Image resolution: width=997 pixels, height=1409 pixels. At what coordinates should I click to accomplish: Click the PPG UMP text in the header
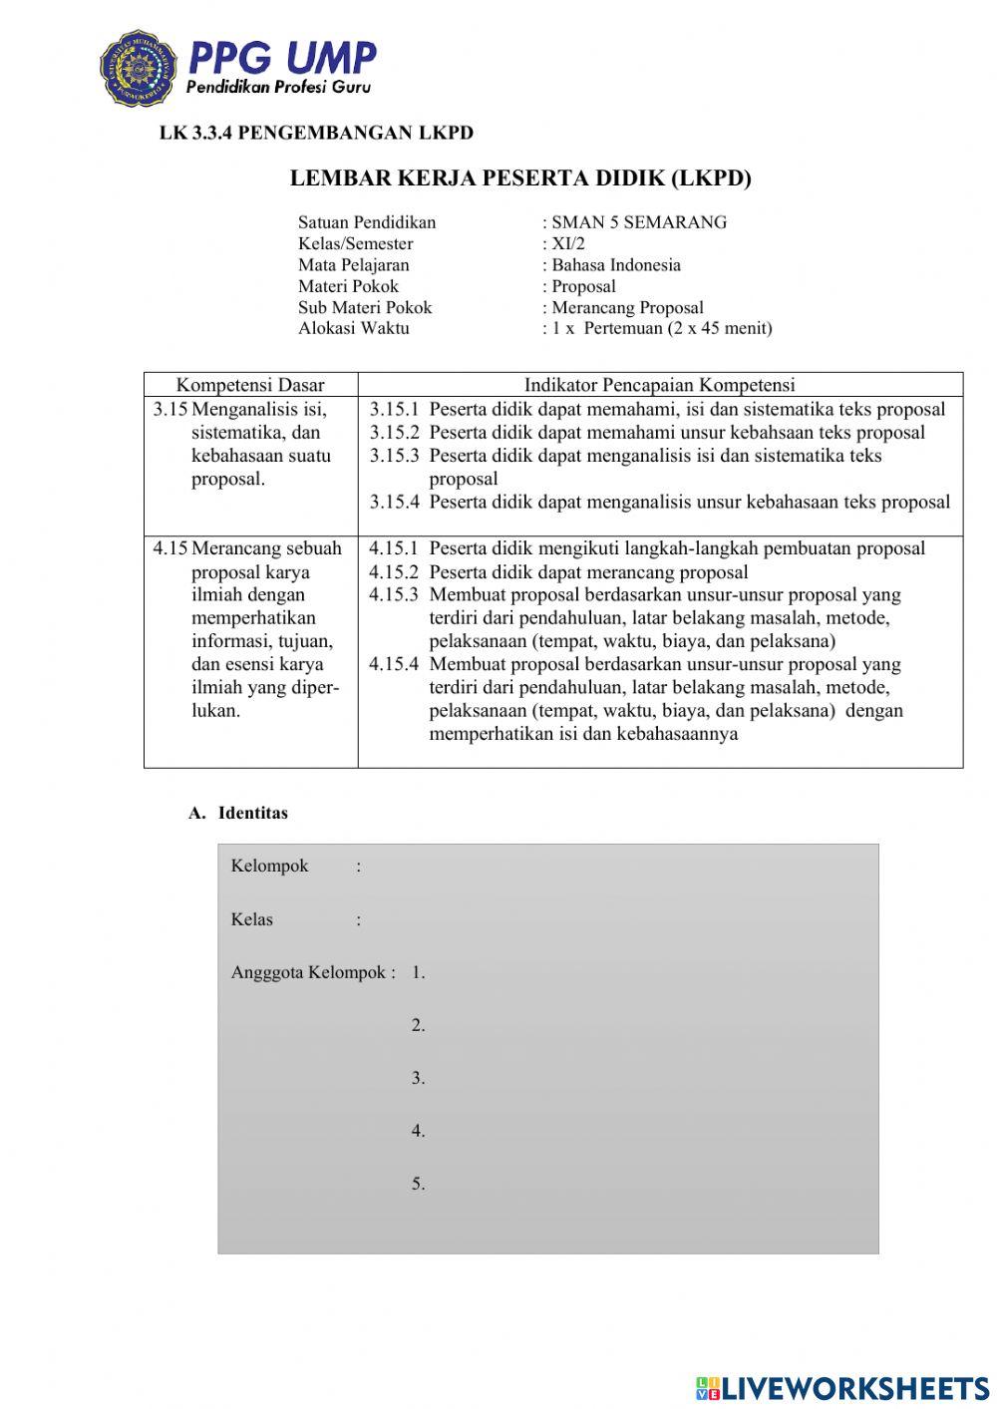pyautogui.click(x=281, y=58)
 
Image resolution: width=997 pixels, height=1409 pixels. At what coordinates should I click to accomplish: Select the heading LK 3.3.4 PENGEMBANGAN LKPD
pyautogui.click(x=316, y=133)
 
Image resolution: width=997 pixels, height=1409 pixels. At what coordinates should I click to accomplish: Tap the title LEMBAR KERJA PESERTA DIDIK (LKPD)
pyautogui.click(x=520, y=178)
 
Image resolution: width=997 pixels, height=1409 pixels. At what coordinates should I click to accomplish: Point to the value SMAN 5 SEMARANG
pyautogui.click(x=638, y=222)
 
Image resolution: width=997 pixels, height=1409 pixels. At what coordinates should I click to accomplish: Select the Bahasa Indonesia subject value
pyautogui.click(x=615, y=265)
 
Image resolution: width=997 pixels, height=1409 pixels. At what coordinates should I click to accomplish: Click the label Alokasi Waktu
pyautogui.click(x=353, y=328)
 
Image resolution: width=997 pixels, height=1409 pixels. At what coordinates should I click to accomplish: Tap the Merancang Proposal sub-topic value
pyautogui.click(x=626, y=307)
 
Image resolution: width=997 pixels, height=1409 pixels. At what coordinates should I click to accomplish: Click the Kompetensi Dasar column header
pyautogui.click(x=250, y=385)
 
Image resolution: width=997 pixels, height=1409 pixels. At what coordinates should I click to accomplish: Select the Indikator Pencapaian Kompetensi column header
pyautogui.click(x=659, y=385)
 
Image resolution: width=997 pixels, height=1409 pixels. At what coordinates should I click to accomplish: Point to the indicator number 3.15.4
pyautogui.click(x=394, y=503)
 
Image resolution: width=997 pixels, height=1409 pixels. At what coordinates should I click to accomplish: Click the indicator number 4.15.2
pyautogui.click(x=394, y=572)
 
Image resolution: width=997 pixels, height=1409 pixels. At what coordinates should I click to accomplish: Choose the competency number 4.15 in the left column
pyautogui.click(x=169, y=548)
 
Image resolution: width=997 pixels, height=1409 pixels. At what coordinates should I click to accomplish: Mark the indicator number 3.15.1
pyautogui.click(x=394, y=410)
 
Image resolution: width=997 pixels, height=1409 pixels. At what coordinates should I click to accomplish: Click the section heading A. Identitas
pyautogui.click(x=238, y=813)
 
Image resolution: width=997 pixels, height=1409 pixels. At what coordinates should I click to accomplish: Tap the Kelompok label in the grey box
pyautogui.click(x=269, y=866)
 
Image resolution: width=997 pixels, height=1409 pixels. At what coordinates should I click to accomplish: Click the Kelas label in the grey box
pyautogui.click(x=251, y=919)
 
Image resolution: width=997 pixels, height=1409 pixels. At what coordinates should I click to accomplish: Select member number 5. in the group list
pyautogui.click(x=418, y=1184)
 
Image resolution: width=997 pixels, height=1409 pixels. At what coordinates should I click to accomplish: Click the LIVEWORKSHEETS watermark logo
pyautogui.click(x=842, y=1387)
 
